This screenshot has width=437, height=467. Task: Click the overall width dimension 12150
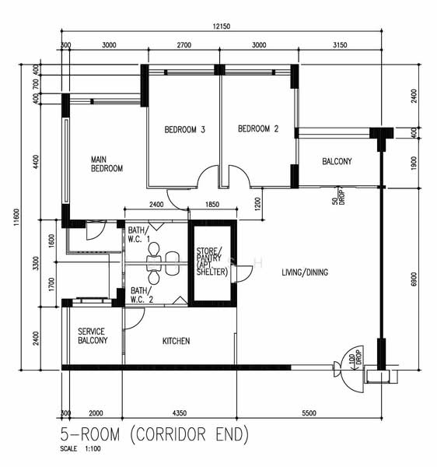tap(222, 26)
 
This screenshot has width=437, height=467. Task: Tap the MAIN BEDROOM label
tap(107, 163)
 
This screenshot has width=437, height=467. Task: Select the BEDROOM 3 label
tap(185, 129)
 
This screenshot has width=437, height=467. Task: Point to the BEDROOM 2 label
tap(258, 128)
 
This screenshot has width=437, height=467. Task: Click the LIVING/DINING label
tap(305, 272)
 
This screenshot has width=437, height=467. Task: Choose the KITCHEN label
tap(176, 341)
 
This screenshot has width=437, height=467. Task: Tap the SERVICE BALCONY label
tap(93, 336)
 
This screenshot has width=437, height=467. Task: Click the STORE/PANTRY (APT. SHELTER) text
tap(212, 262)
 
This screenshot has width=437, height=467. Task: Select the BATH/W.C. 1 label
tap(139, 235)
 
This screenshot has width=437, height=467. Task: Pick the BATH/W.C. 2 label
tap(142, 295)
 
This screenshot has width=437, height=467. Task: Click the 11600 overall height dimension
tap(16, 217)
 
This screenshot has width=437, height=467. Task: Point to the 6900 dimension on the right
tap(414, 279)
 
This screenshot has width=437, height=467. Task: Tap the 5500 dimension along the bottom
tap(309, 413)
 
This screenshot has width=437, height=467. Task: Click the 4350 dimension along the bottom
tap(180, 413)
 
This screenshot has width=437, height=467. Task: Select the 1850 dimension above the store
tap(212, 204)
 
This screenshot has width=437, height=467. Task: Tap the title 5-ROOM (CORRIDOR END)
tap(155, 434)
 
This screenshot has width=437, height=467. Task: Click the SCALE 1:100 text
tap(80, 448)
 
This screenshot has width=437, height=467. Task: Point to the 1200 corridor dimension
tap(257, 204)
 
